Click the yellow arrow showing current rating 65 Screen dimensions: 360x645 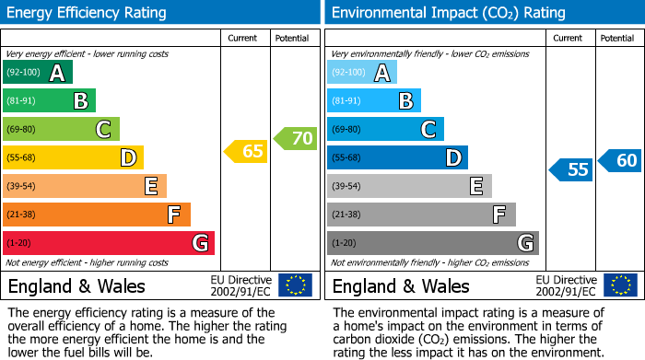click(247, 151)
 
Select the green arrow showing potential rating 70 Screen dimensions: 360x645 click(296, 139)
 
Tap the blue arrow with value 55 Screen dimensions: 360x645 click(572, 169)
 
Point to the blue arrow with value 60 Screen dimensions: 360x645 click(620, 160)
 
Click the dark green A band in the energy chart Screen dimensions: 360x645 click(38, 73)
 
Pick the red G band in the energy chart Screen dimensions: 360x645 click(109, 243)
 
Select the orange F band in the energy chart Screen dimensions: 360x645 click(97, 215)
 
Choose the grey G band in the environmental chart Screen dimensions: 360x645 click(433, 243)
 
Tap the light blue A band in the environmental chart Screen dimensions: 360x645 click(362, 73)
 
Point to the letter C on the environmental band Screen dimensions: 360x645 click(428, 130)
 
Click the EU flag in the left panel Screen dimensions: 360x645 click(295, 285)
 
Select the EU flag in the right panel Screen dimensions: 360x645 click(619, 285)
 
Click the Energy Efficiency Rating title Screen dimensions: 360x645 click(88, 13)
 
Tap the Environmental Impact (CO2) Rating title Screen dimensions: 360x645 click(447, 13)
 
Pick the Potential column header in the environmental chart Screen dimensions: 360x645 click(617, 38)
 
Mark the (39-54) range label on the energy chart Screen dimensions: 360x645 click(21, 186)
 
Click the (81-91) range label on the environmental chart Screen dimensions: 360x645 click(346, 101)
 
